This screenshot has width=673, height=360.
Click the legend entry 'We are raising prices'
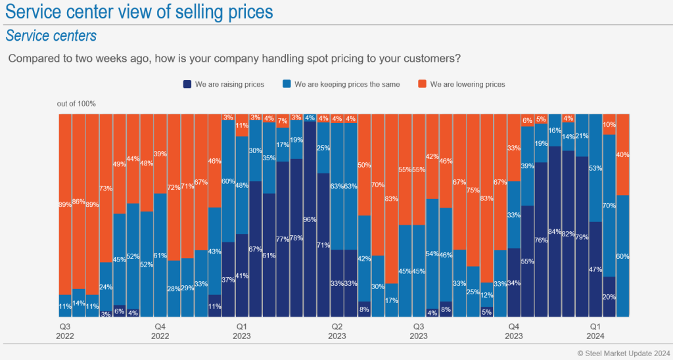pyautogui.click(x=223, y=84)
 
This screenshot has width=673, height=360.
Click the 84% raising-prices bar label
pyautogui.click(x=555, y=231)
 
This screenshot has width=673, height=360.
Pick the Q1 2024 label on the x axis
pyautogui.click(x=595, y=330)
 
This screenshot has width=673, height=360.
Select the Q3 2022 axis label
pyautogui.click(x=66, y=330)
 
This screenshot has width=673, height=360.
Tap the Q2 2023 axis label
pyautogui.click(x=336, y=330)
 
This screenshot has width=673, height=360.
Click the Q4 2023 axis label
pyautogui.click(x=513, y=330)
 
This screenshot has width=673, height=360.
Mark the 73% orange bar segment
pyautogui.click(x=106, y=189)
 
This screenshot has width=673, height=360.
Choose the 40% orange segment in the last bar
pyautogui.click(x=622, y=155)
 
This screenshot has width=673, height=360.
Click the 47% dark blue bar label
pyautogui.click(x=595, y=269)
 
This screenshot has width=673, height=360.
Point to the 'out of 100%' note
pyautogui.click(x=77, y=103)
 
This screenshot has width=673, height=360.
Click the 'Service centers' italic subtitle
pyautogui.click(x=51, y=35)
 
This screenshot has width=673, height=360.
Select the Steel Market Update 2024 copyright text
pyautogui.click(x=624, y=353)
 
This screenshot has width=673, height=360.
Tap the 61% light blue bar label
pyautogui.click(x=160, y=256)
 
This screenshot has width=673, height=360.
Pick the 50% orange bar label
pyautogui.click(x=363, y=164)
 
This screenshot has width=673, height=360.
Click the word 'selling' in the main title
pyautogui.click(x=189, y=12)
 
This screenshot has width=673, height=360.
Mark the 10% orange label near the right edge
pyautogui.click(x=609, y=125)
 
